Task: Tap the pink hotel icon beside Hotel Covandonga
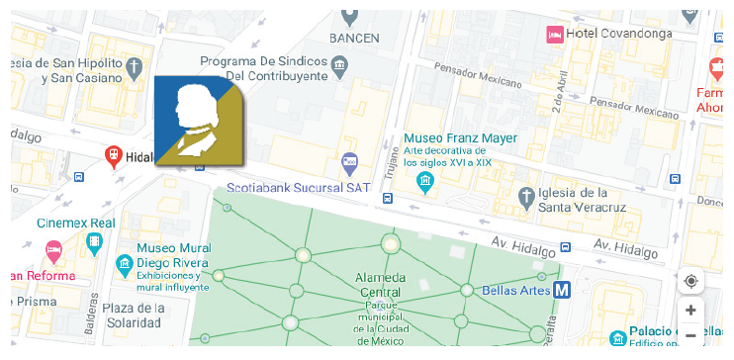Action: pos(556,34)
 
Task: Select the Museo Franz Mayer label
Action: pos(459,137)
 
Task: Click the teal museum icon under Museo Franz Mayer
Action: pos(425,181)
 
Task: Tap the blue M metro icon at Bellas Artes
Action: pos(562,290)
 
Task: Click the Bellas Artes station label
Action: pos(514,291)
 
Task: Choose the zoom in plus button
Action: pos(690,310)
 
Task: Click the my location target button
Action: pos(690,281)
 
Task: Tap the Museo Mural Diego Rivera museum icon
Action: pos(125,264)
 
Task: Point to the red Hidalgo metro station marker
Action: pos(114,156)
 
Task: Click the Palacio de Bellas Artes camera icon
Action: pos(617,337)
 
